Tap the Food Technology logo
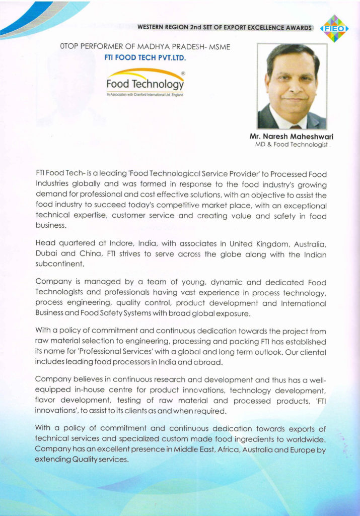145,83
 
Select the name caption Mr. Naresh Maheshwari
292,137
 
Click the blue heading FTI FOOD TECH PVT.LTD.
145,57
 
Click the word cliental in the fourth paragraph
309,352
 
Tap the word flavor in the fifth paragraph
46,400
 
